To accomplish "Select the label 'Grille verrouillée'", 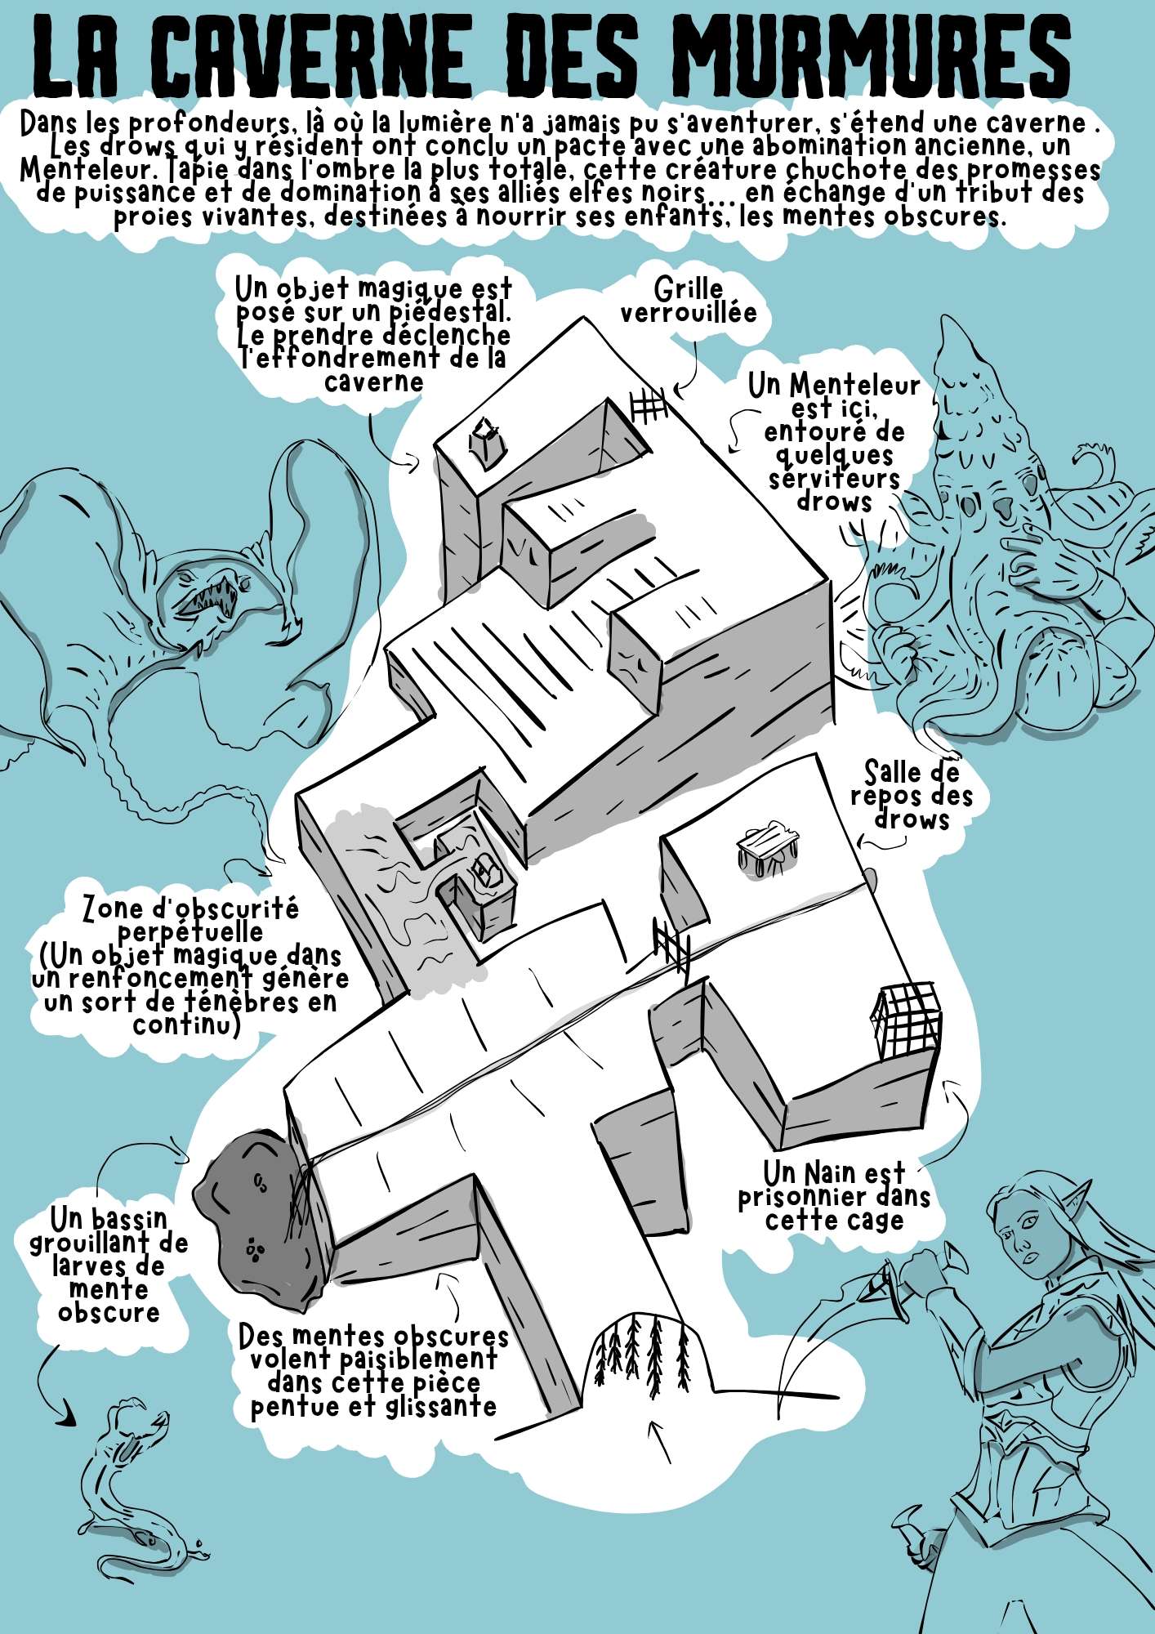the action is [688, 300].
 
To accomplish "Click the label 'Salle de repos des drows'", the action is [912, 795].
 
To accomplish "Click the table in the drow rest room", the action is [766, 850].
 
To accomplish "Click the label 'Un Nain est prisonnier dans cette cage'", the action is [834, 1196].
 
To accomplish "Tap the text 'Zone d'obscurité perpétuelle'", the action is [190, 920].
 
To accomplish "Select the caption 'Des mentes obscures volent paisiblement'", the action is [373, 1348].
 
